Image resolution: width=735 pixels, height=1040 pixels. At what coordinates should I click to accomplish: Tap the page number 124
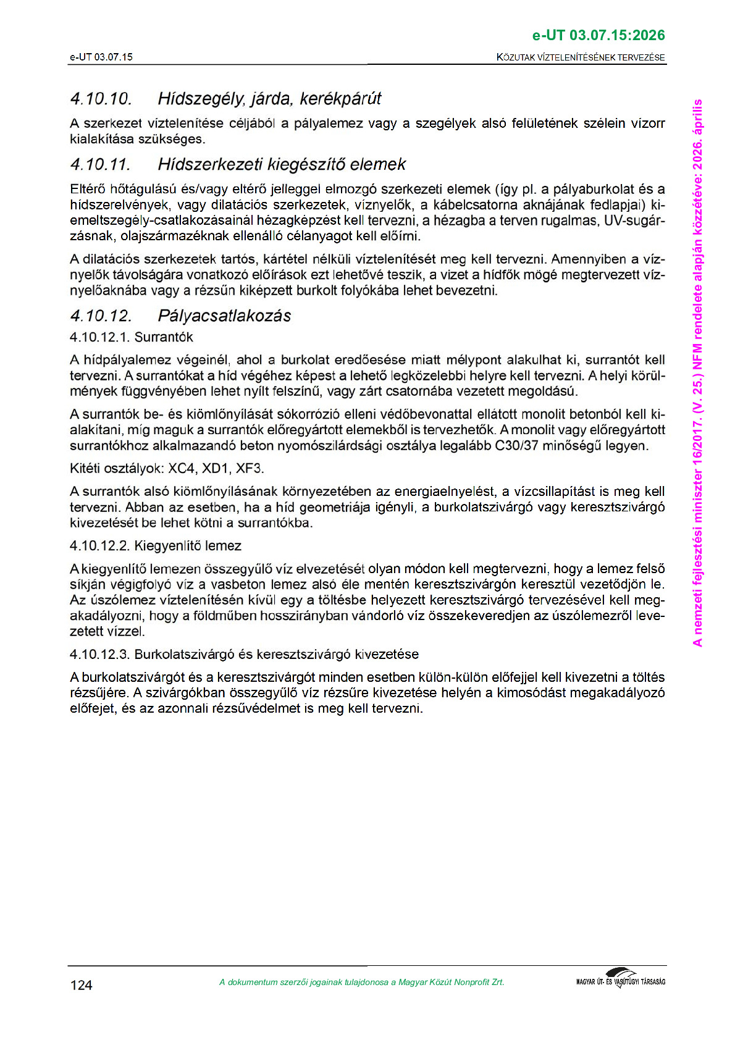click(81, 985)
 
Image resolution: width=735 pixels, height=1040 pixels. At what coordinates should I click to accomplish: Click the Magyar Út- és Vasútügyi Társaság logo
click(620, 979)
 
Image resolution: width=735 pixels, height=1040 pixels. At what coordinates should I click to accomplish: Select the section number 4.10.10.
click(101, 99)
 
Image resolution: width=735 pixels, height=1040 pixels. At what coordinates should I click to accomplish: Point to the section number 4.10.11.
click(101, 165)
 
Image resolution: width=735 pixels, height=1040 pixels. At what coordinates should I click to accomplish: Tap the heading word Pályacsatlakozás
click(224, 316)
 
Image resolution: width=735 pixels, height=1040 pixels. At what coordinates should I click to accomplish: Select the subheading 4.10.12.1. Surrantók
click(132, 337)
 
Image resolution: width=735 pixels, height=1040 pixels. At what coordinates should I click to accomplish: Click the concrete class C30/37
click(518, 446)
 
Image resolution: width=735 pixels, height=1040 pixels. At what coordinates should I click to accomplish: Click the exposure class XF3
click(250, 469)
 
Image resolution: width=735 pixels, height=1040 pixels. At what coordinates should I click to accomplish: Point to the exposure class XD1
click(216, 469)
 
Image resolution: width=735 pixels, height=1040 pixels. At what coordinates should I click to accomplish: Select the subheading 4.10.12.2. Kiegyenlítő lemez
click(155, 546)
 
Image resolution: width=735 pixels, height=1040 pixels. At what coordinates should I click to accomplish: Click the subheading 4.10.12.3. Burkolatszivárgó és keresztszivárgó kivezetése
click(244, 655)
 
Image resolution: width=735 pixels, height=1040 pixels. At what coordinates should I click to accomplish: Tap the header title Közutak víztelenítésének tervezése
click(581, 57)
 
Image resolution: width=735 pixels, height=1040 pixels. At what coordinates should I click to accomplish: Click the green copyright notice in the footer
click(361, 983)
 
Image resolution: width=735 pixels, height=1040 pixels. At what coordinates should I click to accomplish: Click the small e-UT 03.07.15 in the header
click(101, 57)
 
